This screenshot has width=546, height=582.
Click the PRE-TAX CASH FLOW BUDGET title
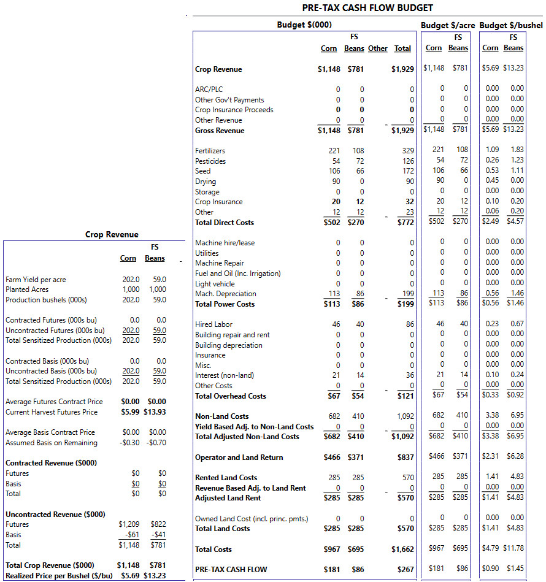point(367,8)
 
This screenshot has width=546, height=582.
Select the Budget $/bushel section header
point(511,26)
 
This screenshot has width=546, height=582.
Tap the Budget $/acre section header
point(448,26)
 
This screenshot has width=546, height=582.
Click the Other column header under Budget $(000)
point(377,48)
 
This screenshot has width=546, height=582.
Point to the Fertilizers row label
point(210,151)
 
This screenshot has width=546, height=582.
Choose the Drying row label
point(206,182)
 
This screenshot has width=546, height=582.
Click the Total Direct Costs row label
point(225,223)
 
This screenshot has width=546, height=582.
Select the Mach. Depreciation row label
point(226,294)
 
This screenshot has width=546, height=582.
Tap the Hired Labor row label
point(213,324)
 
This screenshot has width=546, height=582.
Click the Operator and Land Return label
point(239,458)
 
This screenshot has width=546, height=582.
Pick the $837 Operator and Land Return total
point(406,458)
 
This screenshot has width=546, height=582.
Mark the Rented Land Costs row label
point(226,477)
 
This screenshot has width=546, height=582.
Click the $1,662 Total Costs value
point(402,549)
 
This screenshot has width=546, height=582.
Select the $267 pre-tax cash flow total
point(406,569)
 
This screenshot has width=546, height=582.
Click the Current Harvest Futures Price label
point(52,412)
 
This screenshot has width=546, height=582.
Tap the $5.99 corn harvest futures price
point(130,412)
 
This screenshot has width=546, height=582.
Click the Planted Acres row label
point(27,289)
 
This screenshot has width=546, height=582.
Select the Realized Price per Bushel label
point(59,576)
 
